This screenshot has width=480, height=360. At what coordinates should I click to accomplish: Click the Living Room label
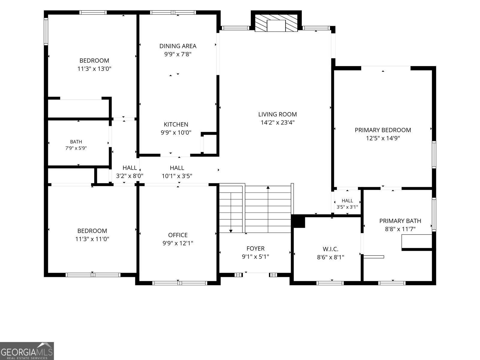[x=277, y=114]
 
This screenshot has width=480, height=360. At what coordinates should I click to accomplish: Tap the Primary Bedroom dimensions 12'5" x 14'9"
[x=383, y=138]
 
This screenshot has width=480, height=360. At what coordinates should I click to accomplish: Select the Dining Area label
[x=178, y=46]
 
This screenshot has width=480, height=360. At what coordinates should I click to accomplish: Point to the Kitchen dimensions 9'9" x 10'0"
[x=176, y=133]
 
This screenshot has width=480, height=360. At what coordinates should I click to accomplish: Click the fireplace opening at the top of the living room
[x=276, y=25]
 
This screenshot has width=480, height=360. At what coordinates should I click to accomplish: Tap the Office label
[x=178, y=235]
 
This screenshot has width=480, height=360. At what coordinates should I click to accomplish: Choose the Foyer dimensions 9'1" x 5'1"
[x=255, y=256]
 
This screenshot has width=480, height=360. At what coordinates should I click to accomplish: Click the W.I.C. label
[x=330, y=249]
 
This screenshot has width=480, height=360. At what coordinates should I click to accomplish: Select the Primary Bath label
[x=400, y=221]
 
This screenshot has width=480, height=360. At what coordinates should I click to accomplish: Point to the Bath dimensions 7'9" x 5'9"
[x=76, y=148]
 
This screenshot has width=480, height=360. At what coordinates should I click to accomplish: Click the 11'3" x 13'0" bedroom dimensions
[x=94, y=69]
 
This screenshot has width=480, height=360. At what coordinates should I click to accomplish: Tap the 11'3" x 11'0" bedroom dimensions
[x=92, y=239]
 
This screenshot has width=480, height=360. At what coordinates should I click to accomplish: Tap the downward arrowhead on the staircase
[x=231, y=231]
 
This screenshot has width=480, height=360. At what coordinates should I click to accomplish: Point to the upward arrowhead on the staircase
[x=268, y=187]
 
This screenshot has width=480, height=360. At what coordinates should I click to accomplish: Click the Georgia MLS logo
[x=27, y=351]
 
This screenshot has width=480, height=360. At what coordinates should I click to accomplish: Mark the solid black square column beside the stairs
[x=298, y=221]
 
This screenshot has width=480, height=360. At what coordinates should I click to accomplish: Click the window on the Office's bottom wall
[x=180, y=283]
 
